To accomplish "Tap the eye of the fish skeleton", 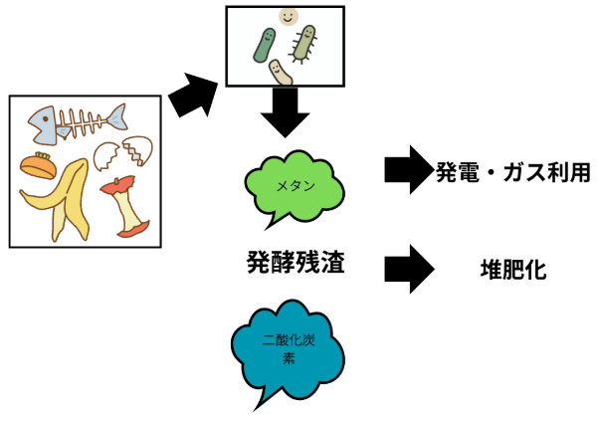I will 40,120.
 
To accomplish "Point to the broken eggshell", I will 121,152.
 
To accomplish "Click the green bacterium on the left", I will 266,43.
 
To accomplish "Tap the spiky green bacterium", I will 304,42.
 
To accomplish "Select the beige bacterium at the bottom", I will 281,71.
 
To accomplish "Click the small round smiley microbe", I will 288,16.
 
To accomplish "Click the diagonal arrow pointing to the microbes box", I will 192,97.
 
